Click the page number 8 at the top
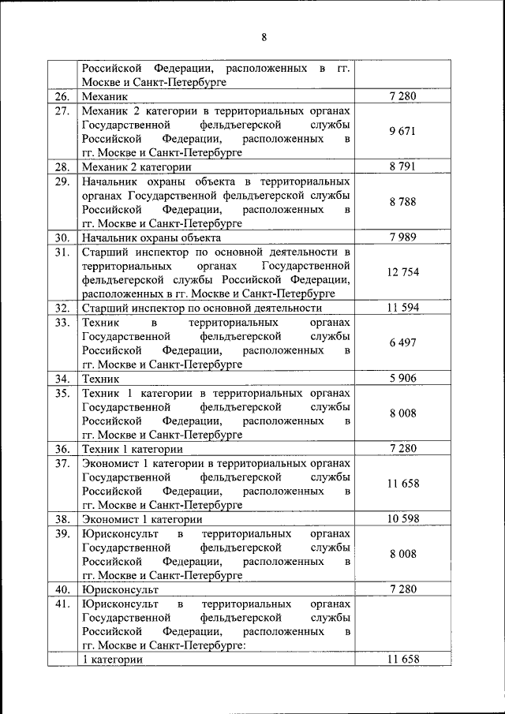click(x=264, y=36)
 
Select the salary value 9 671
click(x=402, y=131)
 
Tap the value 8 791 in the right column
click(x=402, y=166)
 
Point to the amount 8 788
click(x=402, y=202)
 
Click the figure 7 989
click(x=402, y=237)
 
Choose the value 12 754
click(x=402, y=272)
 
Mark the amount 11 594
click(x=402, y=308)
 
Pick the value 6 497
click(x=402, y=343)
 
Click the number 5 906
click(x=402, y=379)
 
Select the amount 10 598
click(x=402, y=519)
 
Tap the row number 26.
click(x=62, y=96)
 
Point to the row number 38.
click(x=62, y=519)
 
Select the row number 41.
click(x=62, y=604)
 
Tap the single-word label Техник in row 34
click(x=100, y=379)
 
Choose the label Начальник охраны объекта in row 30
click(x=151, y=237)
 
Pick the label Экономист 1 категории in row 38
click(x=141, y=519)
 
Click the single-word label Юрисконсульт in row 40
click(x=120, y=589)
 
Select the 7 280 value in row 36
click(x=402, y=449)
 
